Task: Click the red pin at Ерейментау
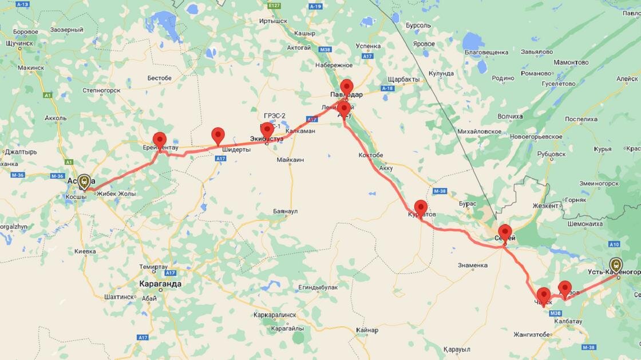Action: pos(160,139)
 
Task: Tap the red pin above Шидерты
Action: pos(218,135)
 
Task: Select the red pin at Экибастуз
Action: pos(267,130)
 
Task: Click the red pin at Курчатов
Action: pos(421,207)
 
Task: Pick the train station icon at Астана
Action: pos(84,181)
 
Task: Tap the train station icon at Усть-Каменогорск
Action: pos(616,264)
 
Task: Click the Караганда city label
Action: pos(160,283)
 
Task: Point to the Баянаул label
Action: pos(286,211)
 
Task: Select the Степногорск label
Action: pos(101,90)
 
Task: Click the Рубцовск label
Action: pos(552,153)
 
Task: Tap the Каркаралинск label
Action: pos(275,315)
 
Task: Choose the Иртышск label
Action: pos(273,21)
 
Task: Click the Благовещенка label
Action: pos(486,52)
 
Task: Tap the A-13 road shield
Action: pos(23,4)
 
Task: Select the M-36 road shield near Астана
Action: pos(57,176)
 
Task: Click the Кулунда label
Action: pos(441,73)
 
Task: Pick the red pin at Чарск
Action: pos(543,295)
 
